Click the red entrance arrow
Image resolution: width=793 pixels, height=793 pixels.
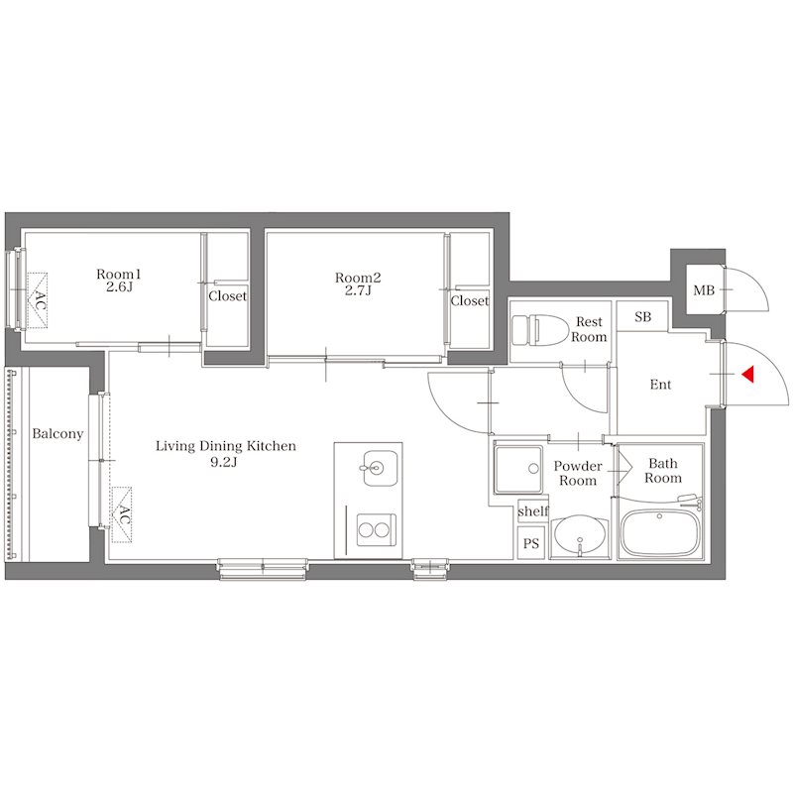[748, 374]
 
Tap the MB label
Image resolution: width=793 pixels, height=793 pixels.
[704, 290]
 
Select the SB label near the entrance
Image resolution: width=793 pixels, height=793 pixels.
[642, 317]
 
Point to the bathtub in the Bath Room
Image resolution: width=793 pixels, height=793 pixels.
[659, 533]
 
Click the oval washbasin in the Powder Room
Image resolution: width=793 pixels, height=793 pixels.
[580, 537]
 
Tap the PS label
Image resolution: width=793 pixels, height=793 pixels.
[531, 543]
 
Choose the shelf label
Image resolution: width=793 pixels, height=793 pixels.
[533, 511]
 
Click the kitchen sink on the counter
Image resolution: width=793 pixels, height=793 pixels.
[380, 468]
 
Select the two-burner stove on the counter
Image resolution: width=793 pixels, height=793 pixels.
[376, 529]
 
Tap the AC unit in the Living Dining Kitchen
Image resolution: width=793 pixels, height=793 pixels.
[121, 514]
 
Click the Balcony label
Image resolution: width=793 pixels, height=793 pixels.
[57, 433]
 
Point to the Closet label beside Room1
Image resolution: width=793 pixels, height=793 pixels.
[228, 295]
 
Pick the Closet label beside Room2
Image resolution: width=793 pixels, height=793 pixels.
[470, 301]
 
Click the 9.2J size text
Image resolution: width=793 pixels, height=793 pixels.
[224, 462]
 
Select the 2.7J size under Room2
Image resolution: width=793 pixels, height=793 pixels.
[358, 290]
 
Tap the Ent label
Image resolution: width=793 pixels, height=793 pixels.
[660, 385]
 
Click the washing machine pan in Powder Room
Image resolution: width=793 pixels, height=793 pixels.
[518, 469]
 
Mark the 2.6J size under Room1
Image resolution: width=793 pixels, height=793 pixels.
[119, 287]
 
